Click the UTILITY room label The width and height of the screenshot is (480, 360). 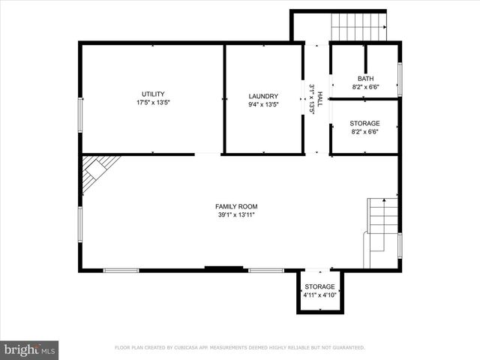(x=153, y=94)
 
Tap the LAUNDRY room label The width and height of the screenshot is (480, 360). (x=263, y=96)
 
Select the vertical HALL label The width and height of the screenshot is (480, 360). (x=319, y=98)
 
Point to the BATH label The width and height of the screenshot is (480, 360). (x=364, y=79)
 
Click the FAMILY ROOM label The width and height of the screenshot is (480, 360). (x=236, y=206)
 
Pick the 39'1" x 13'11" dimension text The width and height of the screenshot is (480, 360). (x=236, y=215)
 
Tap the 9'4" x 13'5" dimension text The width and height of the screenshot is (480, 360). (x=263, y=104)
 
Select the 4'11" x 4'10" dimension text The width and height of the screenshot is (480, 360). (x=319, y=295)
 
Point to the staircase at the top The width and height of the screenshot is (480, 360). (x=358, y=27)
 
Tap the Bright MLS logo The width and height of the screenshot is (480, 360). (x=30, y=349)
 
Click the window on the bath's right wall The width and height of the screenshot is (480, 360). (x=400, y=79)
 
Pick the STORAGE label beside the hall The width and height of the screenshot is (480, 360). (x=364, y=123)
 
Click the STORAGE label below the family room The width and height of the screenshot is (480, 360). (x=319, y=286)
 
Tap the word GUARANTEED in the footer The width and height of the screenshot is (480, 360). (x=346, y=348)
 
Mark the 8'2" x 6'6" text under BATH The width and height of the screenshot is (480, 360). (x=364, y=87)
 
